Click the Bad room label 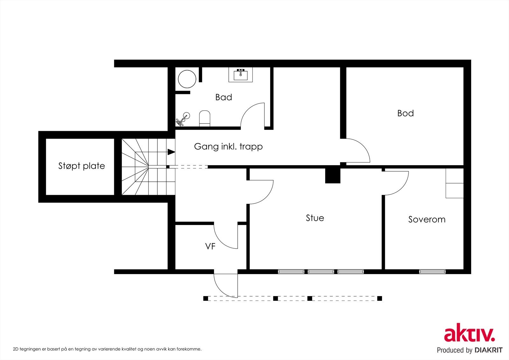[224, 97]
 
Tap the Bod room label [405, 113]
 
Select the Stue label [315, 218]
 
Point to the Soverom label [427, 219]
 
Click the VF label [210, 246]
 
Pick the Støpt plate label [81, 166]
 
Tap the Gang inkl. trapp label [228, 146]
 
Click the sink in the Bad [241, 74]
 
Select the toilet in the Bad [205, 118]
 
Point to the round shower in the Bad [187, 79]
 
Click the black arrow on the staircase [171, 152]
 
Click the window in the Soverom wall [432, 272]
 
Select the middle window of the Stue [321, 272]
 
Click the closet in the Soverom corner [455, 183]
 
